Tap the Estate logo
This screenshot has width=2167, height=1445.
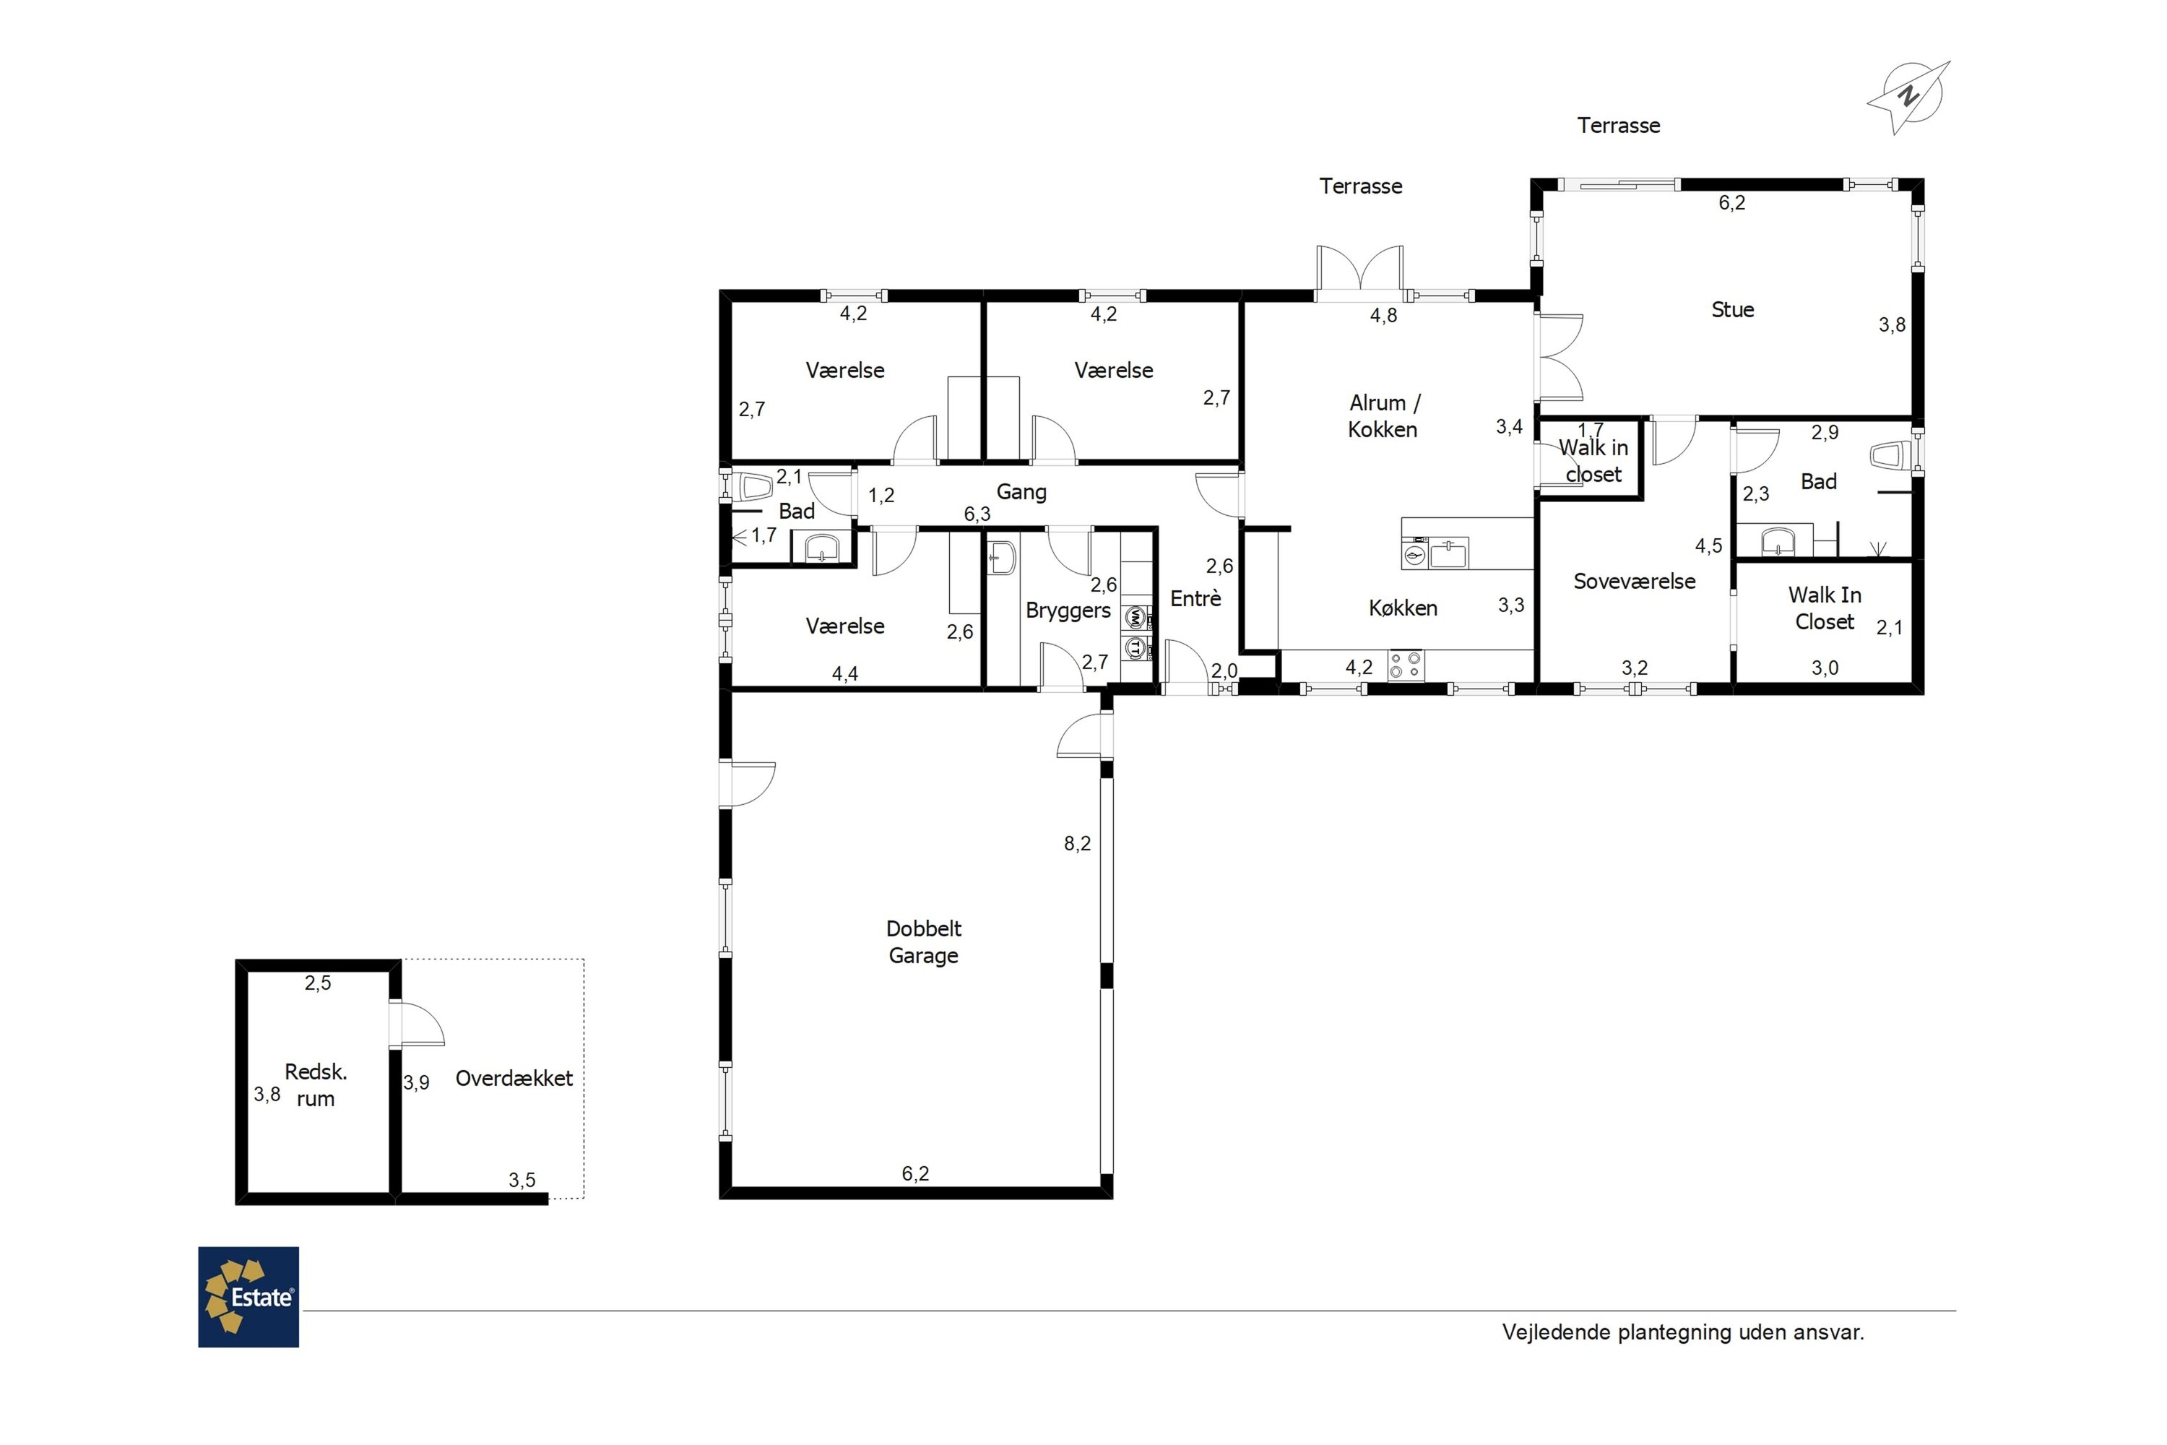pos(248,1297)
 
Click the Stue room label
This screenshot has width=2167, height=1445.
pos(1732,310)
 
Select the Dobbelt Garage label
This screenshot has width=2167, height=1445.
pos(923,942)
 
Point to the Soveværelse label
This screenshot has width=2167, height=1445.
pos(1635,582)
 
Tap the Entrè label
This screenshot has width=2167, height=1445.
pos(1195,598)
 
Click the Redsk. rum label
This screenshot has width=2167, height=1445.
pos(315,1084)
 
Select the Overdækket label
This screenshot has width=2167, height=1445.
pos(514,1078)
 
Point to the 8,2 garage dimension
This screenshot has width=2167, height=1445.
pos(1077,843)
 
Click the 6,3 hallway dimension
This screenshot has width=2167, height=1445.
pos(977,513)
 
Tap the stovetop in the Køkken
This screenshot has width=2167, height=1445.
pos(1406,665)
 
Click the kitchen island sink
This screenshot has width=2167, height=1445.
pos(1448,554)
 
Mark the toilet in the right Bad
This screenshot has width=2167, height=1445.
pos(1890,455)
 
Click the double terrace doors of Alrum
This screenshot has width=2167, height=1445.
pos(1360,273)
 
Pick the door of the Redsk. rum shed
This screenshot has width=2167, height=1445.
pos(417,1024)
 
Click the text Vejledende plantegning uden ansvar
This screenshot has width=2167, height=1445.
pos(1682,1332)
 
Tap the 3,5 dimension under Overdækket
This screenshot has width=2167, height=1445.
pos(522,1181)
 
